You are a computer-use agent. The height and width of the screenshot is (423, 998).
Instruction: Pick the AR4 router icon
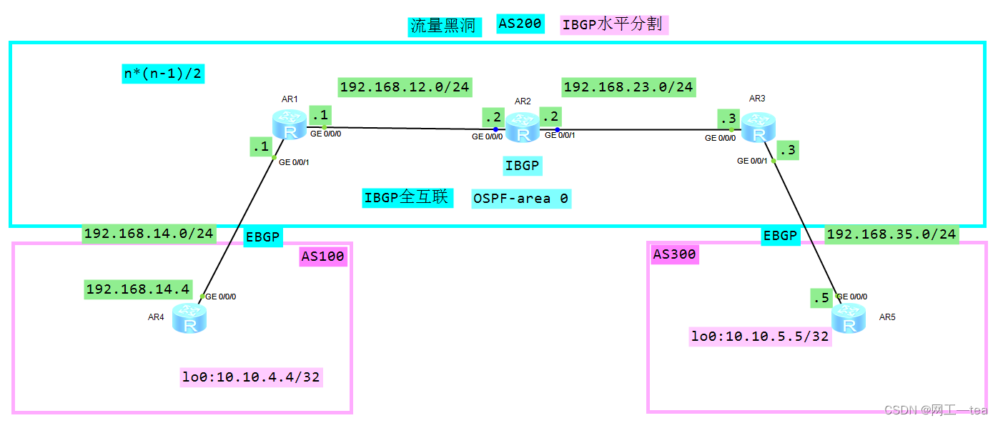click(x=189, y=318)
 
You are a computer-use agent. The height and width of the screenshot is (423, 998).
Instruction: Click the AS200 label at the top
click(x=520, y=24)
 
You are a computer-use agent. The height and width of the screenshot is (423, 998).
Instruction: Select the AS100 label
click(x=322, y=257)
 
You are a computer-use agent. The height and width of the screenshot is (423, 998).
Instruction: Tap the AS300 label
click(x=674, y=254)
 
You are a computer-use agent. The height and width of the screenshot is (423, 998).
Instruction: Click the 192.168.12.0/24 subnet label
click(x=405, y=87)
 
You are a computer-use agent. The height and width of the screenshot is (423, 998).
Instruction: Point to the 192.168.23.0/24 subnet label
click(x=628, y=87)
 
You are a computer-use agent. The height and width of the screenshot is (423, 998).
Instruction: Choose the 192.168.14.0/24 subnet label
click(x=149, y=234)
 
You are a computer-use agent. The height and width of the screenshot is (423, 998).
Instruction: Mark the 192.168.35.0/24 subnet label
click(x=891, y=234)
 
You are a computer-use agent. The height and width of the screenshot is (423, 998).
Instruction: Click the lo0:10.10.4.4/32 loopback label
click(x=251, y=377)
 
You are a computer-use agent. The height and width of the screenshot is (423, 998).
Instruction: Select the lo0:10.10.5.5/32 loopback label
click(x=760, y=336)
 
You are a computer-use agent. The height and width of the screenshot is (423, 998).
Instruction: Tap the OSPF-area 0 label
click(x=521, y=198)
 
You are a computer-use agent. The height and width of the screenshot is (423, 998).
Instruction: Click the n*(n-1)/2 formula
click(x=164, y=73)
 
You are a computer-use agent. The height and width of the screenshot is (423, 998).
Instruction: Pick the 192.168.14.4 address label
click(x=137, y=289)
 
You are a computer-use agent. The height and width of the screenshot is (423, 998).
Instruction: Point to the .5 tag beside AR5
click(x=820, y=298)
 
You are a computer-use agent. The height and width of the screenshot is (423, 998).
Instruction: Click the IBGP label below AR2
click(x=523, y=166)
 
